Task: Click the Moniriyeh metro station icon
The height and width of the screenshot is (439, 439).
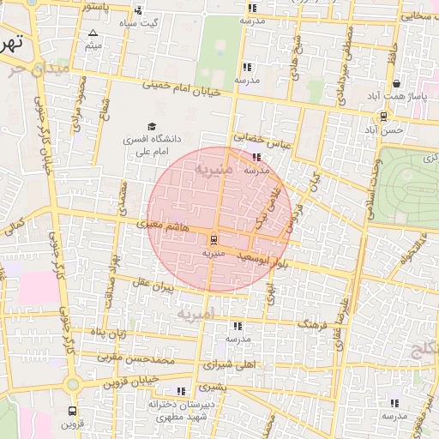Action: click(x=213, y=240)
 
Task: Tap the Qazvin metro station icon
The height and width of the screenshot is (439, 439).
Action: click(x=72, y=410)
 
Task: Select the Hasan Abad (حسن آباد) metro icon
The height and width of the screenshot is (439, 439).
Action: click(x=382, y=116)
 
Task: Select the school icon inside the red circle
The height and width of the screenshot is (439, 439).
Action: click(x=257, y=157)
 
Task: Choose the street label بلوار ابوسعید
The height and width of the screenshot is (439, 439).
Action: click(x=257, y=257)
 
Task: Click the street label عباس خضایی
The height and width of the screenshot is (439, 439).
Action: click(x=263, y=140)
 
